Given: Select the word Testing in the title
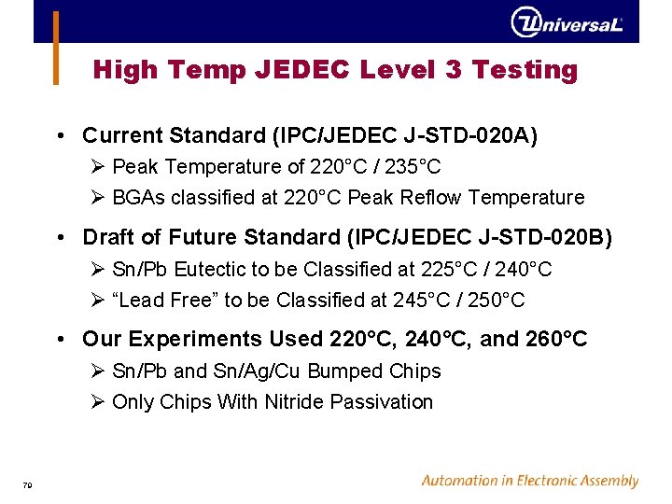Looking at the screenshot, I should click(525, 70).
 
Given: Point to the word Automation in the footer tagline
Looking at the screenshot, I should click(460, 482).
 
